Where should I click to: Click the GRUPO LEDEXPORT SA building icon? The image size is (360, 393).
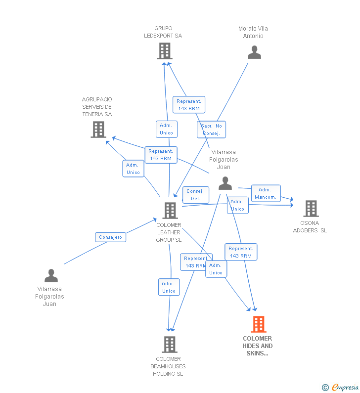coord(165,50)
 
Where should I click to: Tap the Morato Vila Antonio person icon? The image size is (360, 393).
coord(254,52)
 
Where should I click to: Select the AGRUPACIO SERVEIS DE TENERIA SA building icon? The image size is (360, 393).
coord(98,129)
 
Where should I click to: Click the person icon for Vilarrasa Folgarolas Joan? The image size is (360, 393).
coord(225,183)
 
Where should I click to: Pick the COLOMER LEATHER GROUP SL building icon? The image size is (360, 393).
coord(170,211)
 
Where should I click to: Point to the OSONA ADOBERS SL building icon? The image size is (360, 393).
coord(311,209)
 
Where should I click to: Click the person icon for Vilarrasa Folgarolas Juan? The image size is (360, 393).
coord(51,276)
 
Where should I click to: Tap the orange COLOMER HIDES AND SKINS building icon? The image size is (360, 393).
coord(258,324)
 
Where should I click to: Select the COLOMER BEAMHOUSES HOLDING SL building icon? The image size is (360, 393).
coord(169,344)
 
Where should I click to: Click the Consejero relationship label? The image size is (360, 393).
coord(111,237)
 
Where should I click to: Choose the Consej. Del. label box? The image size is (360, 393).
coord(196,195)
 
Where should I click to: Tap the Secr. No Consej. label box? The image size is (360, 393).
coord(211,130)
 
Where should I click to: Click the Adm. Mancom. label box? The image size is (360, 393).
coord(266,193)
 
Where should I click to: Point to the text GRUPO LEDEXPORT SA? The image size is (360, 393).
coord(163,32)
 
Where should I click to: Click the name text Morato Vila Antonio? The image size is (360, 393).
coord(253,32)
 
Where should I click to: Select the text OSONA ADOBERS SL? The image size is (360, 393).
coord(310,226)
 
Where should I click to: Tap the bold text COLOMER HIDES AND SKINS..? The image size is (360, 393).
coord(258,346)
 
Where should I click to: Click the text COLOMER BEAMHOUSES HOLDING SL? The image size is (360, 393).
coord(168,366)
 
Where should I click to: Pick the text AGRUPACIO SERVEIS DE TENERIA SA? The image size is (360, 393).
coord(97,107)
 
